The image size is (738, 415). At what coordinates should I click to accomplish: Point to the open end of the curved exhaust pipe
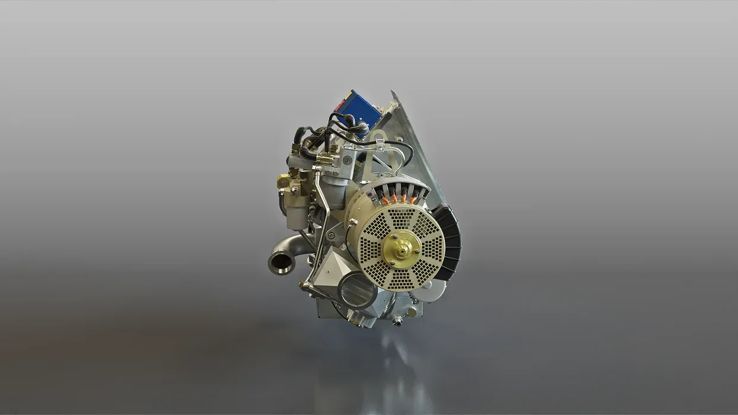(x=281, y=261)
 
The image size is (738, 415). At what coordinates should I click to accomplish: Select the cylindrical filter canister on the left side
(x=297, y=210)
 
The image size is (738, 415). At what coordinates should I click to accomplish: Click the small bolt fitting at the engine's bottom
(x=397, y=321)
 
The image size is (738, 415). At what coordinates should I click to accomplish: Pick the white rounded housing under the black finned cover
(x=436, y=290)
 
